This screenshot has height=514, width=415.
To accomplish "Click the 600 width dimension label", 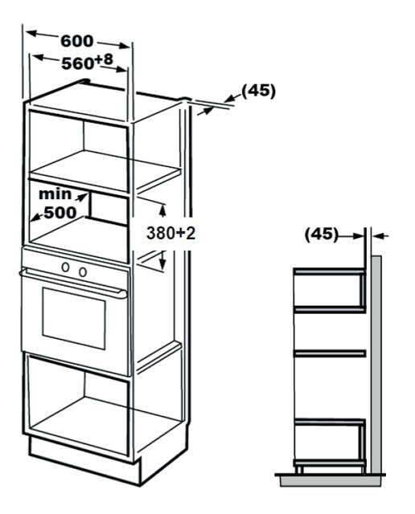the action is [x=77, y=41].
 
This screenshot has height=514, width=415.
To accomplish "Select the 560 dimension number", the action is [x=78, y=63].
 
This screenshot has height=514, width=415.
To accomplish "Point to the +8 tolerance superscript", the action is [x=104, y=59].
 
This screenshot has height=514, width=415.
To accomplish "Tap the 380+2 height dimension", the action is [x=171, y=234].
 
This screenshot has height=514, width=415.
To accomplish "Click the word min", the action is [x=55, y=194].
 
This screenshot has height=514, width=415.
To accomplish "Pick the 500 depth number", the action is [x=60, y=213].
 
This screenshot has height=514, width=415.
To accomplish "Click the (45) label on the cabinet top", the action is [x=258, y=91].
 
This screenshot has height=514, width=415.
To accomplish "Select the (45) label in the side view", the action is [x=321, y=235].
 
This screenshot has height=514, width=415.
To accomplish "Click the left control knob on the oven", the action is [x=66, y=267].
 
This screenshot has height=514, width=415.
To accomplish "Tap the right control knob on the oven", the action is [x=83, y=271].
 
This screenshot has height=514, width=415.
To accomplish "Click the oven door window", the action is [x=74, y=319].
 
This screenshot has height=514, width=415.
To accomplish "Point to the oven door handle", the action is [x=73, y=284].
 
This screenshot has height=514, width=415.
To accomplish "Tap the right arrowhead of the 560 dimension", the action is [x=121, y=69].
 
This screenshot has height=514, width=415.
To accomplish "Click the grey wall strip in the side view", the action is [x=376, y=365].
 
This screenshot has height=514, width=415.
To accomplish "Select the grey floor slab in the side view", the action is [x=331, y=481].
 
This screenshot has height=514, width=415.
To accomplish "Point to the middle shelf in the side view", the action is [x=330, y=353].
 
